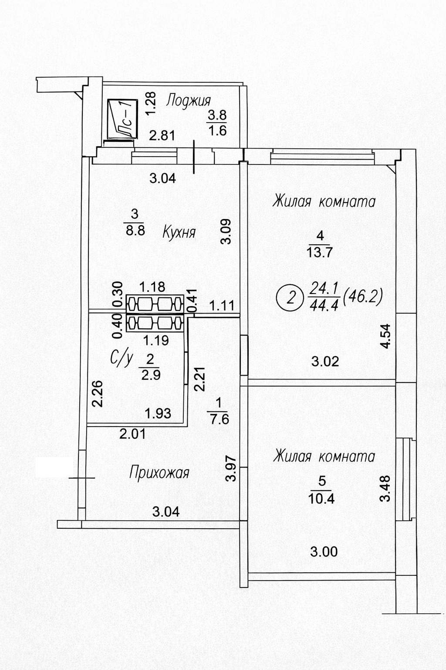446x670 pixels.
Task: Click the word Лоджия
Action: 189,100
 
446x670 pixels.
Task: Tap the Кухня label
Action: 179,232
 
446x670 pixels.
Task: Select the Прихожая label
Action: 159,472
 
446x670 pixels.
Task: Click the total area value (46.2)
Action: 362,297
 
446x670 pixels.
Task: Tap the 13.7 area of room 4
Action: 321,253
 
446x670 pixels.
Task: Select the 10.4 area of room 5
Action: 321,498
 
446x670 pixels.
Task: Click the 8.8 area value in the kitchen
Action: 135,230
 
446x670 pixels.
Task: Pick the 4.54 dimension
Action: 386,335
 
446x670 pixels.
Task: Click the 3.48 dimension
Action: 385,488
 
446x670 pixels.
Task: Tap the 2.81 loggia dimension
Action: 162,136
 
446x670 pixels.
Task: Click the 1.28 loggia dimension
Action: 151,103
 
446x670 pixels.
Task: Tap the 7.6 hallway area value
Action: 218,419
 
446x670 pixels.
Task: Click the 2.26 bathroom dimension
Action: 98,394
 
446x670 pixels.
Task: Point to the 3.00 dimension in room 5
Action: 324,552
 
